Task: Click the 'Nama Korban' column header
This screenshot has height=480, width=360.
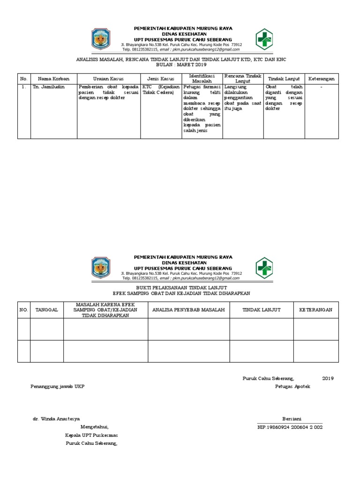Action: click(x=53, y=79)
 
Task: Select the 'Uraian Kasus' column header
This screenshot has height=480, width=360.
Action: click(x=108, y=79)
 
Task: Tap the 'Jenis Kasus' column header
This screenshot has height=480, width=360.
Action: click(x=161, y=79)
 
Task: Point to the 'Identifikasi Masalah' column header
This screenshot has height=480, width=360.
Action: click(x=202, y=78)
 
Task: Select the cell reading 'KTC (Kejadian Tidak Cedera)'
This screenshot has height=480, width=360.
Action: click(x=161, y=90)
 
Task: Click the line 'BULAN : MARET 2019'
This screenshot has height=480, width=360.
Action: click(x=181, y=65)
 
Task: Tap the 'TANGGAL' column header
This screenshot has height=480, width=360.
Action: click(x=46, y=310)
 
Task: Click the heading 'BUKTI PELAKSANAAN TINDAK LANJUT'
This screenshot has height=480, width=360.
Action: click(x=181, y=286)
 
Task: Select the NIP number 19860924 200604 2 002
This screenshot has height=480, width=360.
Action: click(x=290, y=427)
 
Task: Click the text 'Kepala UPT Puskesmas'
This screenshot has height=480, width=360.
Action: click(x=91, y=435)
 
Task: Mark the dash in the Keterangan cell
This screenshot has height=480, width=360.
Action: click(x=321, y=87)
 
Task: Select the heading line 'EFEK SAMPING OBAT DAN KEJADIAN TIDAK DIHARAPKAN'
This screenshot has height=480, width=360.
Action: click(x=181, y=293)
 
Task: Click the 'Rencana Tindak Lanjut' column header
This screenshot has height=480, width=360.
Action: click(x=242, y=78)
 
